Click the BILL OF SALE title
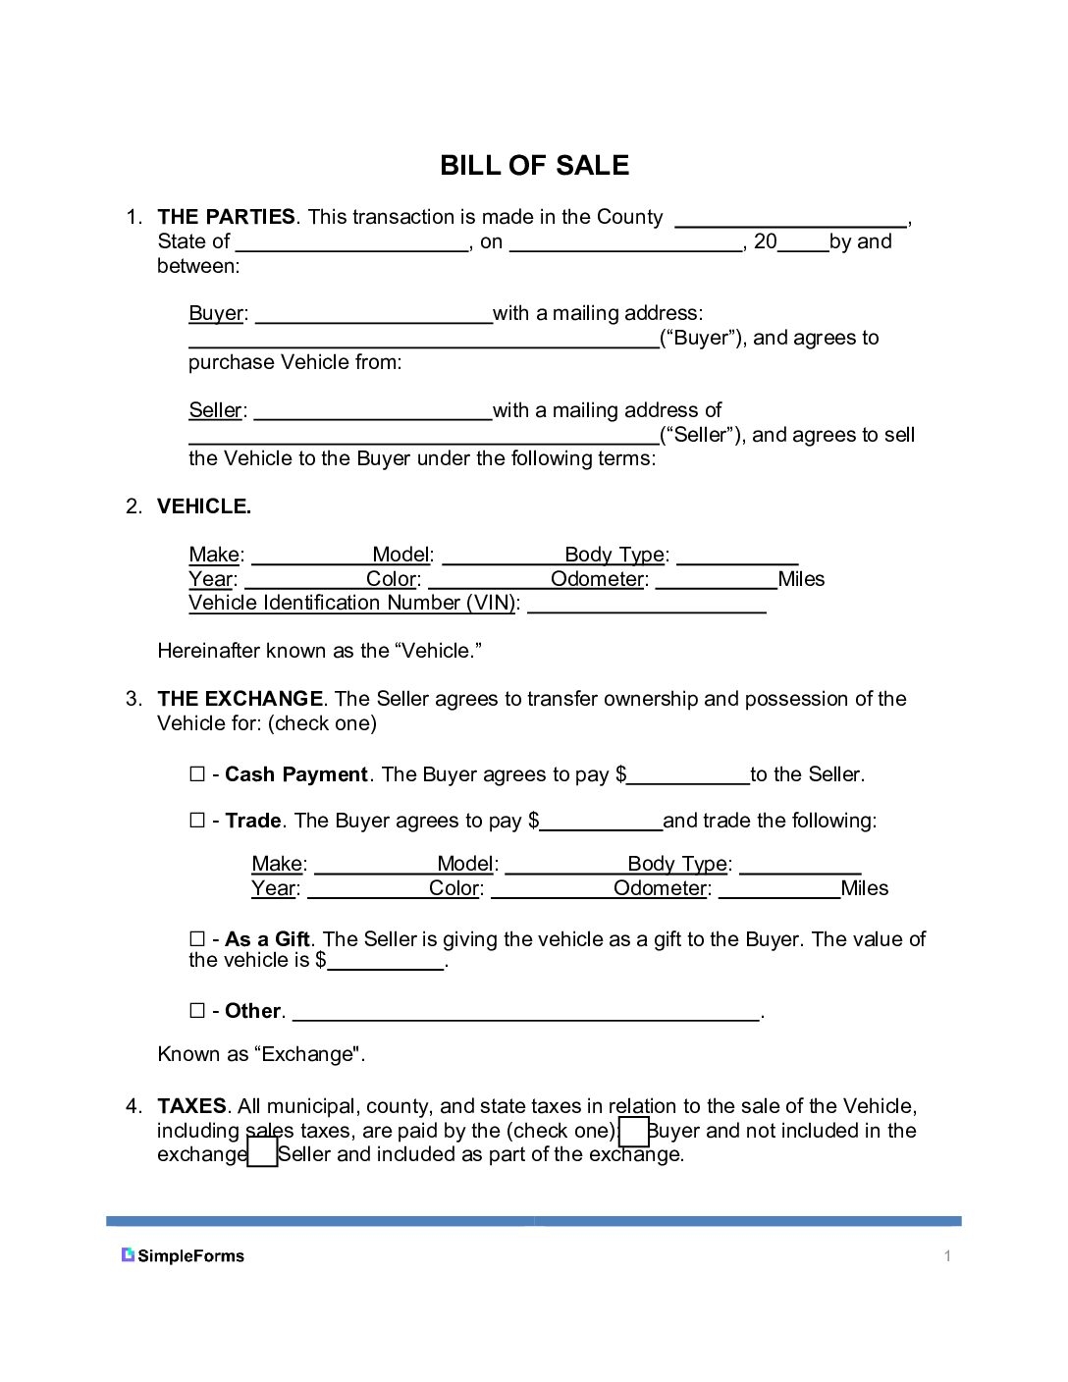(x=534, y=165)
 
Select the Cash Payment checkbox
(x=197, y=774)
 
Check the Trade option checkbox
(x=197, y=821)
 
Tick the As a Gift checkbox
(x=197, y=939)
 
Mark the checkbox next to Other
(x=197, y=1011)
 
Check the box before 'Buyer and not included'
(x=634, y=1132)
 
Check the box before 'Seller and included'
(x=262, y=1152)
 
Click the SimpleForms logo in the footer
(x=183, y=1255)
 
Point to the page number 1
(x=947, y=1256)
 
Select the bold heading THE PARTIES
(x=226, y=217)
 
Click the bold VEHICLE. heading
(x=204, y=506)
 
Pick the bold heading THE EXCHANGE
(x=240, y=699)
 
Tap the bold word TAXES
(x=191, y=1106)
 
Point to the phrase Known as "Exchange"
(x=261, y=1054)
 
